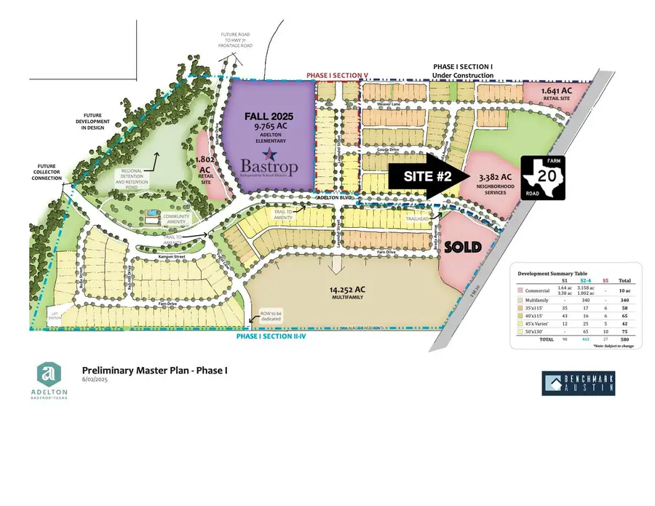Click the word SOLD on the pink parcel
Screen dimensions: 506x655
tap(462, 247)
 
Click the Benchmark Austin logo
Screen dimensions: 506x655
tap(579, 384)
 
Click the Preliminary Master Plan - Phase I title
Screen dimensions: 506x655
tap(155, 371)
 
